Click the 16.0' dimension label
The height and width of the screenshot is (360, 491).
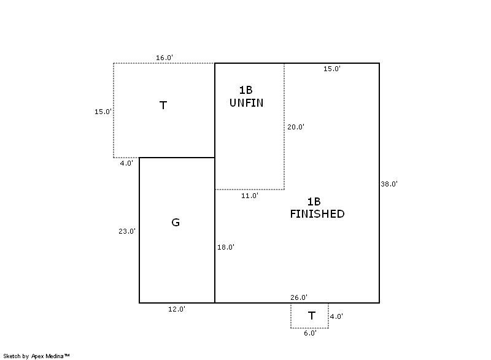tap(164, 58)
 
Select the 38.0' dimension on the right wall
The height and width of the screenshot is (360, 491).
tap(389, 184)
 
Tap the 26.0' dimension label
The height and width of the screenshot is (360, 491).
tap(299, 297)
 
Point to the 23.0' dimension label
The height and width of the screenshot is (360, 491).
tap(127, 231)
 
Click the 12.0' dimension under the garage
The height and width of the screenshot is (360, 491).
tap(176, 309)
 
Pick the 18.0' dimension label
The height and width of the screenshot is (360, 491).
tap(225, 247)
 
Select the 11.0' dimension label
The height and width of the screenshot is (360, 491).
tap(249, 196)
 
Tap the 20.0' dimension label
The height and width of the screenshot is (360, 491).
tap(296, 127)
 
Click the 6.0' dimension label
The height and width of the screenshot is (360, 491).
tap(310, 334)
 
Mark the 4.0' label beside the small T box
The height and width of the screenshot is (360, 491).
tap(336, 316)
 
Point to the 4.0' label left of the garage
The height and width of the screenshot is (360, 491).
tap(126, 163)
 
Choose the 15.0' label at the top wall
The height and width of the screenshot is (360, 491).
tap(332, 69)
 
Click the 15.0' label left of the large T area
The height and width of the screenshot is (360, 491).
tap(103, 112)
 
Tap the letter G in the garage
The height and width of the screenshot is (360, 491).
tap(176, 222)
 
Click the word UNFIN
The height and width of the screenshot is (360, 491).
tap(246, 103)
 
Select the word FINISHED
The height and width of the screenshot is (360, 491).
tap(317, 214)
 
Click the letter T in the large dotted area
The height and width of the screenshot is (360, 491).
tap(163, 105)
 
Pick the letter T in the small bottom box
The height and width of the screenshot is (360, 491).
tap(311, 316)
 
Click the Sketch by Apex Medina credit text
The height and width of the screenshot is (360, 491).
tap(36, 356)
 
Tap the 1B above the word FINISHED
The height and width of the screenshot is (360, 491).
tap(314, 202)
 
